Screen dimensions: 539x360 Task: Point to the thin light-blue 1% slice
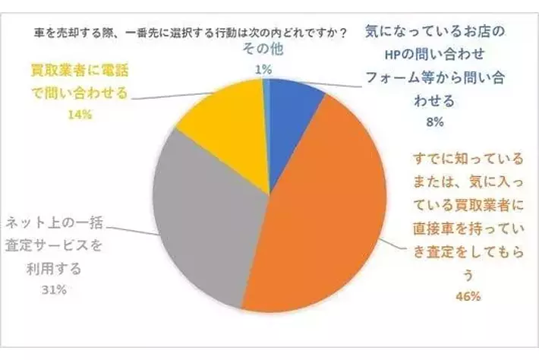click(x=266, y=103)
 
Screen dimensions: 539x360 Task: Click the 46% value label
click(x=468, y=296)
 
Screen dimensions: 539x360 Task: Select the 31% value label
click(x=54, y=290)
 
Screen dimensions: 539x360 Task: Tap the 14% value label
click(x=80, y=114)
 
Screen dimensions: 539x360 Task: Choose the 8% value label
click(x=435, y=122)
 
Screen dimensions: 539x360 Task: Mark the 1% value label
click(x=263, y=70)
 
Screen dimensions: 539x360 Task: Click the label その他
click(x=263, y=49)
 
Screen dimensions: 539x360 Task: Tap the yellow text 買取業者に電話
click(x=80, y=71)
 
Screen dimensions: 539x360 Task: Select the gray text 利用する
click(x=54, y=268)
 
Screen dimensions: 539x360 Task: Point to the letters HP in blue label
click(x=392, y=55)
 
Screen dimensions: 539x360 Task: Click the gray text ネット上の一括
click(x=54, y=223)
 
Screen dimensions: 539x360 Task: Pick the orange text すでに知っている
click(x=468, y=159)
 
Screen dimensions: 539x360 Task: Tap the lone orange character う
click(x=468, y=276)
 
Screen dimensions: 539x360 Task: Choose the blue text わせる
click(x=435, y=101)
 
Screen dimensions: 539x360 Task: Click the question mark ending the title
click(x=342, y=33)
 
